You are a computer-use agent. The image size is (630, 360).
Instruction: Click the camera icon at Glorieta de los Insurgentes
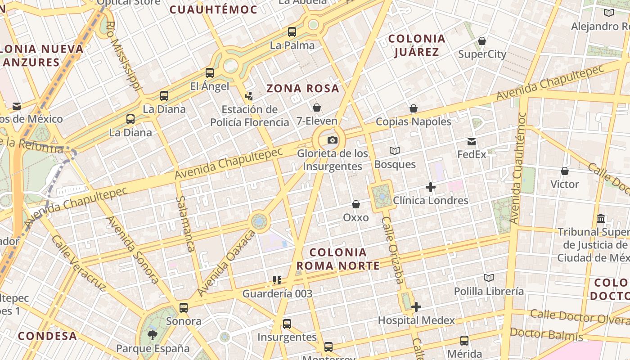click(x=333, y=140)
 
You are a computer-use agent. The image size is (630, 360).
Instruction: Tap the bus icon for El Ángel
click(x=210, y=73)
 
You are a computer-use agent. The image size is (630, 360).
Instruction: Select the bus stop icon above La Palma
click(x=292, y=32)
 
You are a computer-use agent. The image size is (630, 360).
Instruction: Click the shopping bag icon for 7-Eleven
click(x=317, y=108)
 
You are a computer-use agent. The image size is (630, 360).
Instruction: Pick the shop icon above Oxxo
click(x=356, y=204)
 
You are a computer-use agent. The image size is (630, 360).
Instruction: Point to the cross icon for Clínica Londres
click(x=431, y=187)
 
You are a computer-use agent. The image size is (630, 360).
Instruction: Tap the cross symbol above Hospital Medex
click(x=416, y=307)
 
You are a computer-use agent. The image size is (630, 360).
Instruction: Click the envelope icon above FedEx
click(x=472, y=142)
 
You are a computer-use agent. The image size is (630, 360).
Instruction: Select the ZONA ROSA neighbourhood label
click(x=303, y=88)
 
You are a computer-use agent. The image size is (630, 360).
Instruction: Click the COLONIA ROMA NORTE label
click(x=338, y=259)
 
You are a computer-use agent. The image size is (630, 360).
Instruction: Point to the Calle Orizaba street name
click(x=392, y=250)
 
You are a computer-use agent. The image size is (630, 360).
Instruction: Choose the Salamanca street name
click(x=185, y=224)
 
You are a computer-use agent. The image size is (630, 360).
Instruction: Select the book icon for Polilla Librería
click(x=489, y=278)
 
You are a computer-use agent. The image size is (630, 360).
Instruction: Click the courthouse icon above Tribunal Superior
click(x=601, y=219)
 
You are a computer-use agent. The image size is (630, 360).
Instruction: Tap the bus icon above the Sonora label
click(x=184, y=308)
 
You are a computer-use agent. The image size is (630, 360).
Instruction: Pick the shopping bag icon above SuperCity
click(x=482, y=41)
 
